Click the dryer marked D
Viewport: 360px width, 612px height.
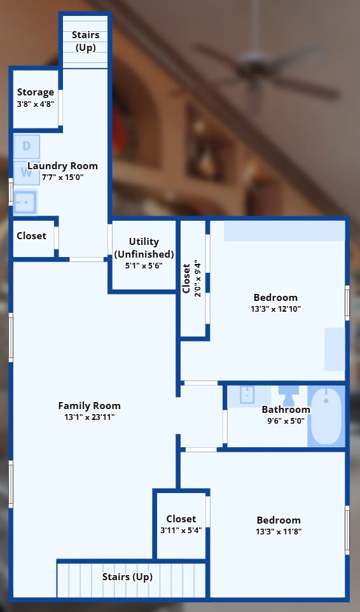tap(27, 146)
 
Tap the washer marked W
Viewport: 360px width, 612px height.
tap(27, 172)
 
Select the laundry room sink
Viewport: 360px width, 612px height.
tap(25, 202)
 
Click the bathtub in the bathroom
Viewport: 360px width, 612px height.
tap(326, 415)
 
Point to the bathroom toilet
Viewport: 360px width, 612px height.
tap(289, 395)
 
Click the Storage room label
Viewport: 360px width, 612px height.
tap(36, 92)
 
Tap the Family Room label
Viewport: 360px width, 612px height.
tap(89, 405)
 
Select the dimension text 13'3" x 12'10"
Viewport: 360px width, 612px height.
tap(276, 309)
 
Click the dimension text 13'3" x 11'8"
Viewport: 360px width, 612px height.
tap(279, 531)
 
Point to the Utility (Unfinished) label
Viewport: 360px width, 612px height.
tap(144, 248)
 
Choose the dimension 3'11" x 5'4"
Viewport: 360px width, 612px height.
tap(181, 530)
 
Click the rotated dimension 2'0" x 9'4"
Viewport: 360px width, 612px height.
tap(198, 279)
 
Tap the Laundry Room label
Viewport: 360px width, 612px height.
tap(62, 166)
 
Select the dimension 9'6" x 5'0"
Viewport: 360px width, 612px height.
tap(286, 421)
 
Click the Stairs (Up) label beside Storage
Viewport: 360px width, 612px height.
tap(85, 41)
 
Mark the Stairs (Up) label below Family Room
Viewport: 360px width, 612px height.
tap(128, 577)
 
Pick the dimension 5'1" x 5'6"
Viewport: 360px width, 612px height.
tap(144, 266)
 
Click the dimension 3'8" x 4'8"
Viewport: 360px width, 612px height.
tap(36, 104)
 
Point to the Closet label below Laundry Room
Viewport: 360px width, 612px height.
tap(31, 236)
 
